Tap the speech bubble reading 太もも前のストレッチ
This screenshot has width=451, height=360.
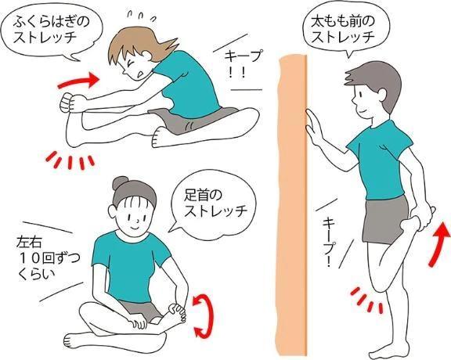[345, 29]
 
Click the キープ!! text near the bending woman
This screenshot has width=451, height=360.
[240, 64]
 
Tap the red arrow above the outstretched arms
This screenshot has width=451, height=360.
[79, 80]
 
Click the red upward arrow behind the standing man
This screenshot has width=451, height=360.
[439, 244]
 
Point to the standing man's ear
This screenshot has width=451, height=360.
[383, 95]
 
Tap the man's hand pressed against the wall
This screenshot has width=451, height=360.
[313, 127]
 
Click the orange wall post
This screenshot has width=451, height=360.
[293, 201]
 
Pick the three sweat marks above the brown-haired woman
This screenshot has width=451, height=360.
[142, 16]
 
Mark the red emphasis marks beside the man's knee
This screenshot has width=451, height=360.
[367, 300]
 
